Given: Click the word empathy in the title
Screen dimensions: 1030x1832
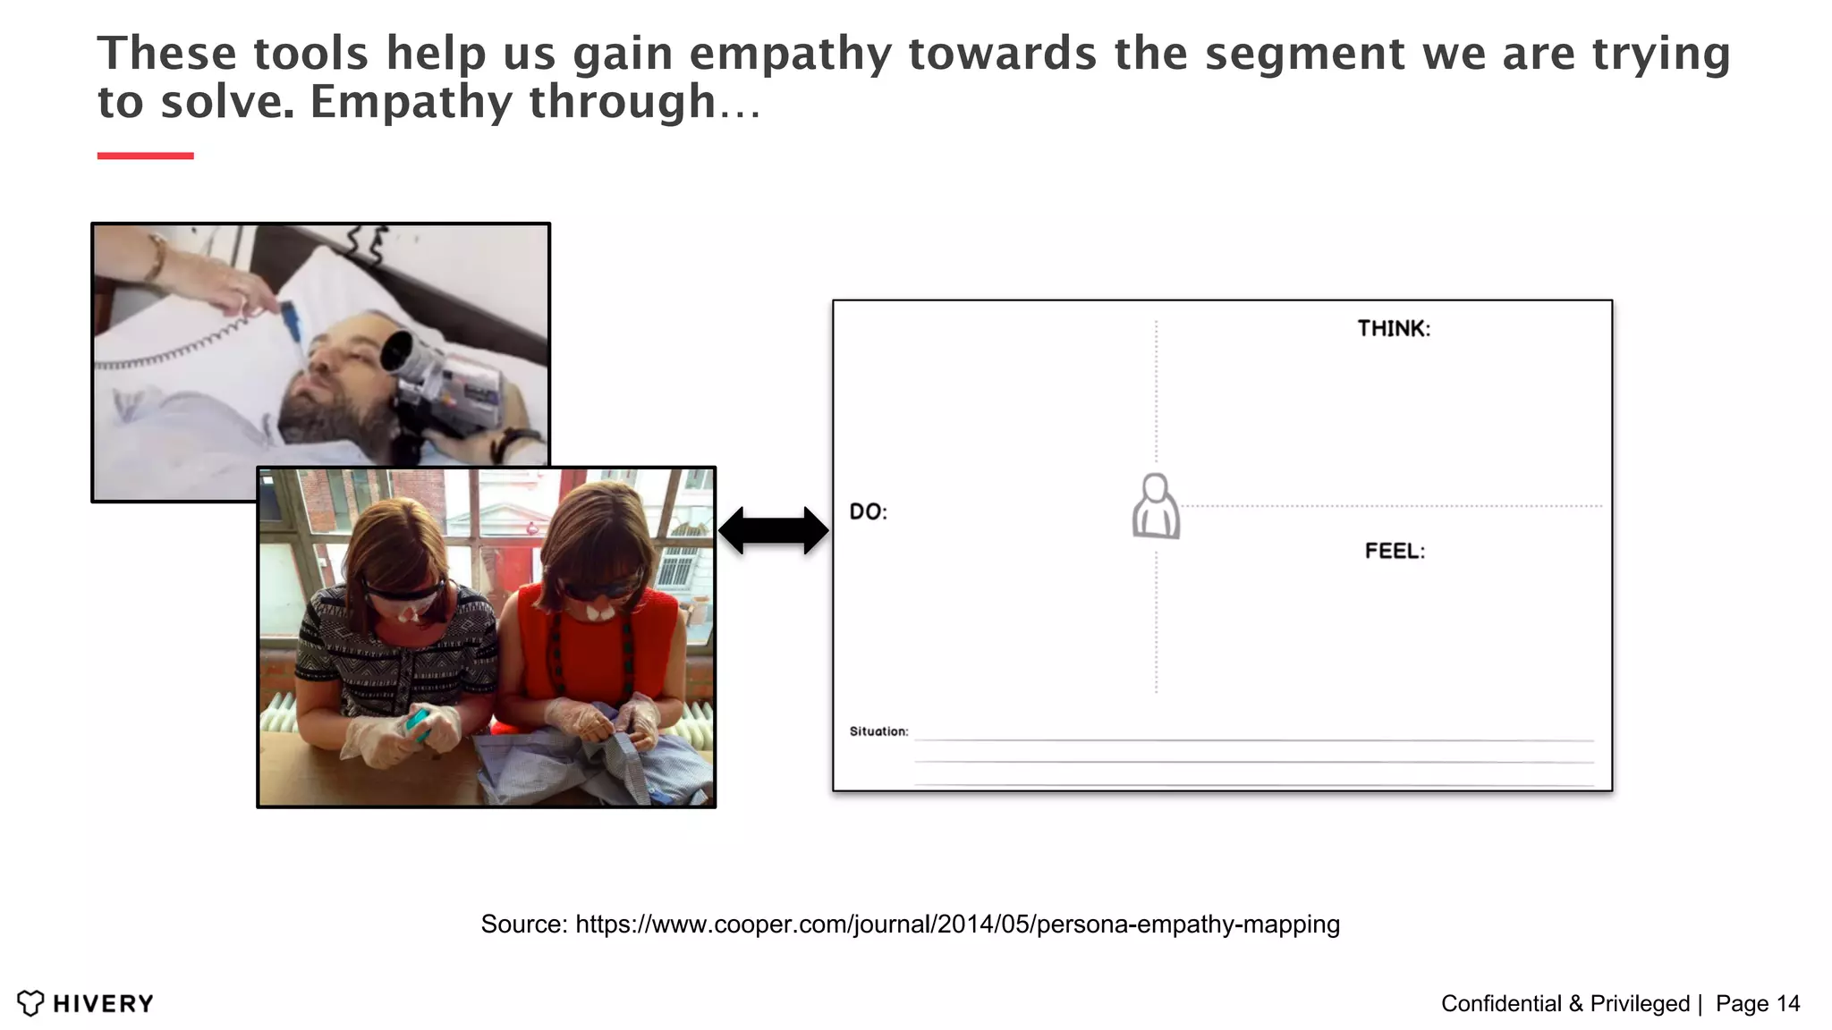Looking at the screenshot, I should click(791, 54).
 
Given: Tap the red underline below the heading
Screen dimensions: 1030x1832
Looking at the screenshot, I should click(145, 156).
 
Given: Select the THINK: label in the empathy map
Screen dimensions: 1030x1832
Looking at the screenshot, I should click(1394, 329).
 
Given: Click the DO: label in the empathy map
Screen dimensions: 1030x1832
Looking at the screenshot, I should click(868, 512).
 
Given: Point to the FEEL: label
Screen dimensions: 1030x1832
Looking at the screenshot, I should click(1395, 552).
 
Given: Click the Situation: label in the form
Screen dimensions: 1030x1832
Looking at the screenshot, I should click(878, 731).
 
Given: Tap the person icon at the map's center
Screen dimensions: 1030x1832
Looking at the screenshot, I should click(1156, 507).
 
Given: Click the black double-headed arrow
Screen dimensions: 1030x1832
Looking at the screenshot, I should click(774, 530).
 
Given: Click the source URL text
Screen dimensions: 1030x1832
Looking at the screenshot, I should click(957, 924).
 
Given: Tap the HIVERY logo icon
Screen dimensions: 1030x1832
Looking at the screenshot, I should click(30, 1003).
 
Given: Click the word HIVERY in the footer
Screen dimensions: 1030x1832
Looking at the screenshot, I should click(103, 1004).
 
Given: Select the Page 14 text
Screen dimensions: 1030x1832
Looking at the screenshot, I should click(1758, 1004).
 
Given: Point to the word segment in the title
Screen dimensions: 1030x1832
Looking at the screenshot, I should click(1304, 54).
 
